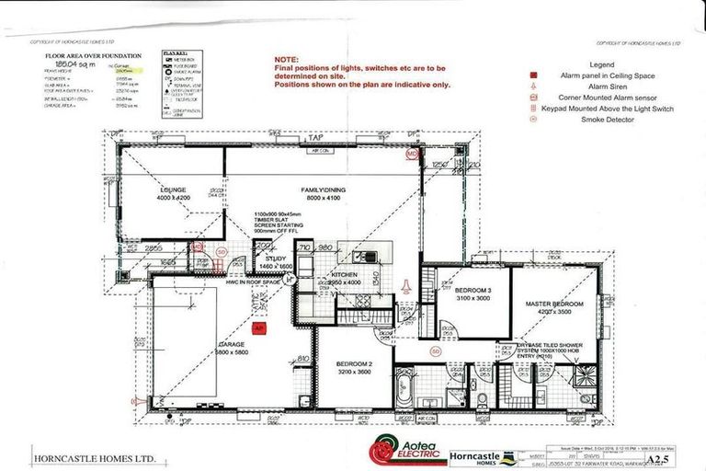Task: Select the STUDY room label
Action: click(277, 259)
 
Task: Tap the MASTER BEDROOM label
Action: click(556, 303)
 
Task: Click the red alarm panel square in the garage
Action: click(258, 327)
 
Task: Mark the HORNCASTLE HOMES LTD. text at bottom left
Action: click(84, 457)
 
